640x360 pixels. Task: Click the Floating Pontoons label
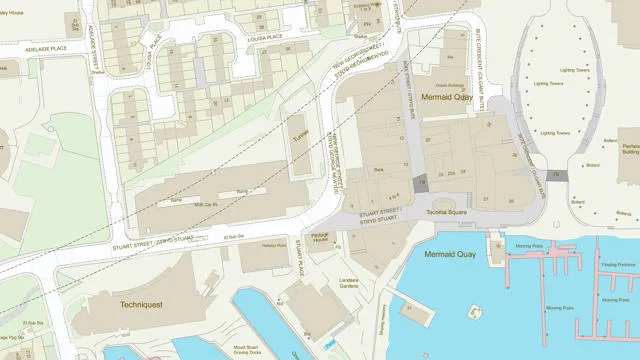pos(619,266)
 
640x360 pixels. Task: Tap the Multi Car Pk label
pos(205,204)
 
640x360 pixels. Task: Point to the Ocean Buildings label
pos(455,86)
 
